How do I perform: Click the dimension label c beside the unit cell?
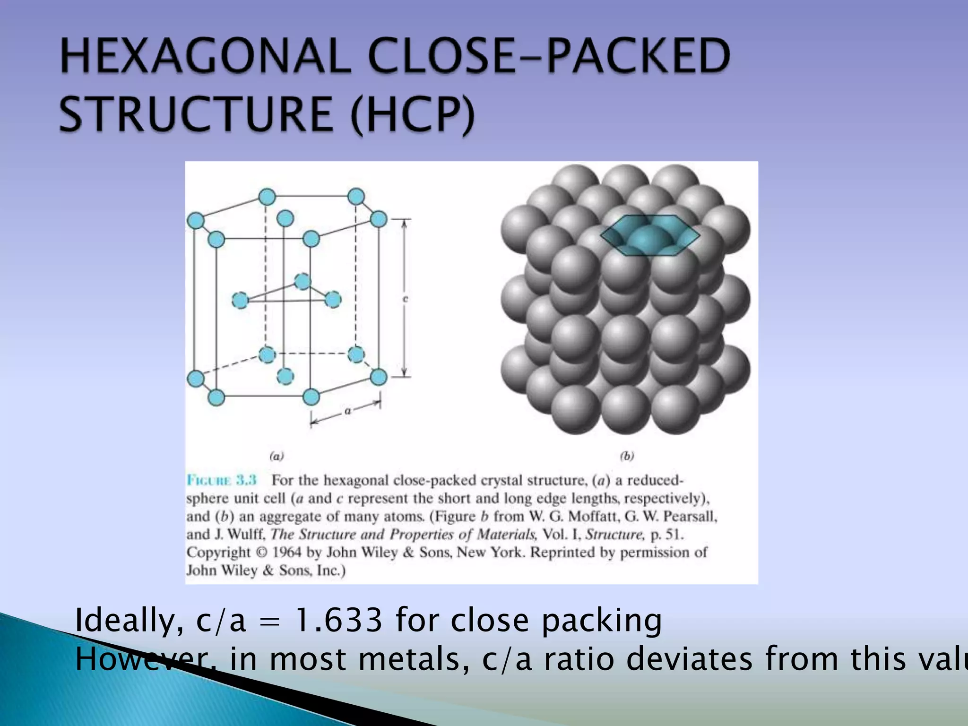(405, 299)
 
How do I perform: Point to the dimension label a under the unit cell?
(347, 411)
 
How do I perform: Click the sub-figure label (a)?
(277, 456)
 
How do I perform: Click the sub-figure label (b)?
(627, 456)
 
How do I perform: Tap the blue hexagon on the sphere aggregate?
(650, 235)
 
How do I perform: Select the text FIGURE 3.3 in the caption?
(222, 480)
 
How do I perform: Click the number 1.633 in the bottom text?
(337, 620)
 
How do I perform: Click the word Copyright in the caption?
(218, 552)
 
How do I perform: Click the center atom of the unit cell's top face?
(285, 218)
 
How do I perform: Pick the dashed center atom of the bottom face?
(285, 377)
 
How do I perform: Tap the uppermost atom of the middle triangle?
(302, 282)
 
